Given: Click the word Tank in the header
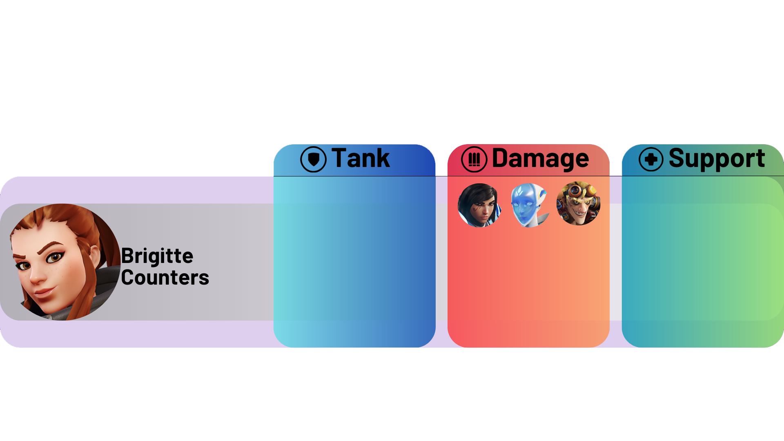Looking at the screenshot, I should click(x=360, y=158).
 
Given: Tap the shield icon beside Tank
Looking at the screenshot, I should click(x=313, y=159).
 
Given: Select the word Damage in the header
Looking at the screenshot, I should click(x=540, y=158).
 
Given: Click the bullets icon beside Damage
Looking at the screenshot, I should click(x=474, y=159).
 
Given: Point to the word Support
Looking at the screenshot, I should click(x=717, y=158).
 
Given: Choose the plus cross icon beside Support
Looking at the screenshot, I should click(x=651, y=159).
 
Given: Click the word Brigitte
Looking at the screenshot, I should click(x=157, y=256).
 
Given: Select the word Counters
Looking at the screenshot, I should click(x=165, y=278).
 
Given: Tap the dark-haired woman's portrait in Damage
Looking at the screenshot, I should click(x=479, y=205).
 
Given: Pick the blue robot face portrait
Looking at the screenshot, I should click(x=529, y=205).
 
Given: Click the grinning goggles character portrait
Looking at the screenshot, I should click(x=578, y=203).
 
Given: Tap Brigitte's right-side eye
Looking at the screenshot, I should click(x=54, y=257).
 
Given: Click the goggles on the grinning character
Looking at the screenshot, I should click(x=576, y=190).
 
